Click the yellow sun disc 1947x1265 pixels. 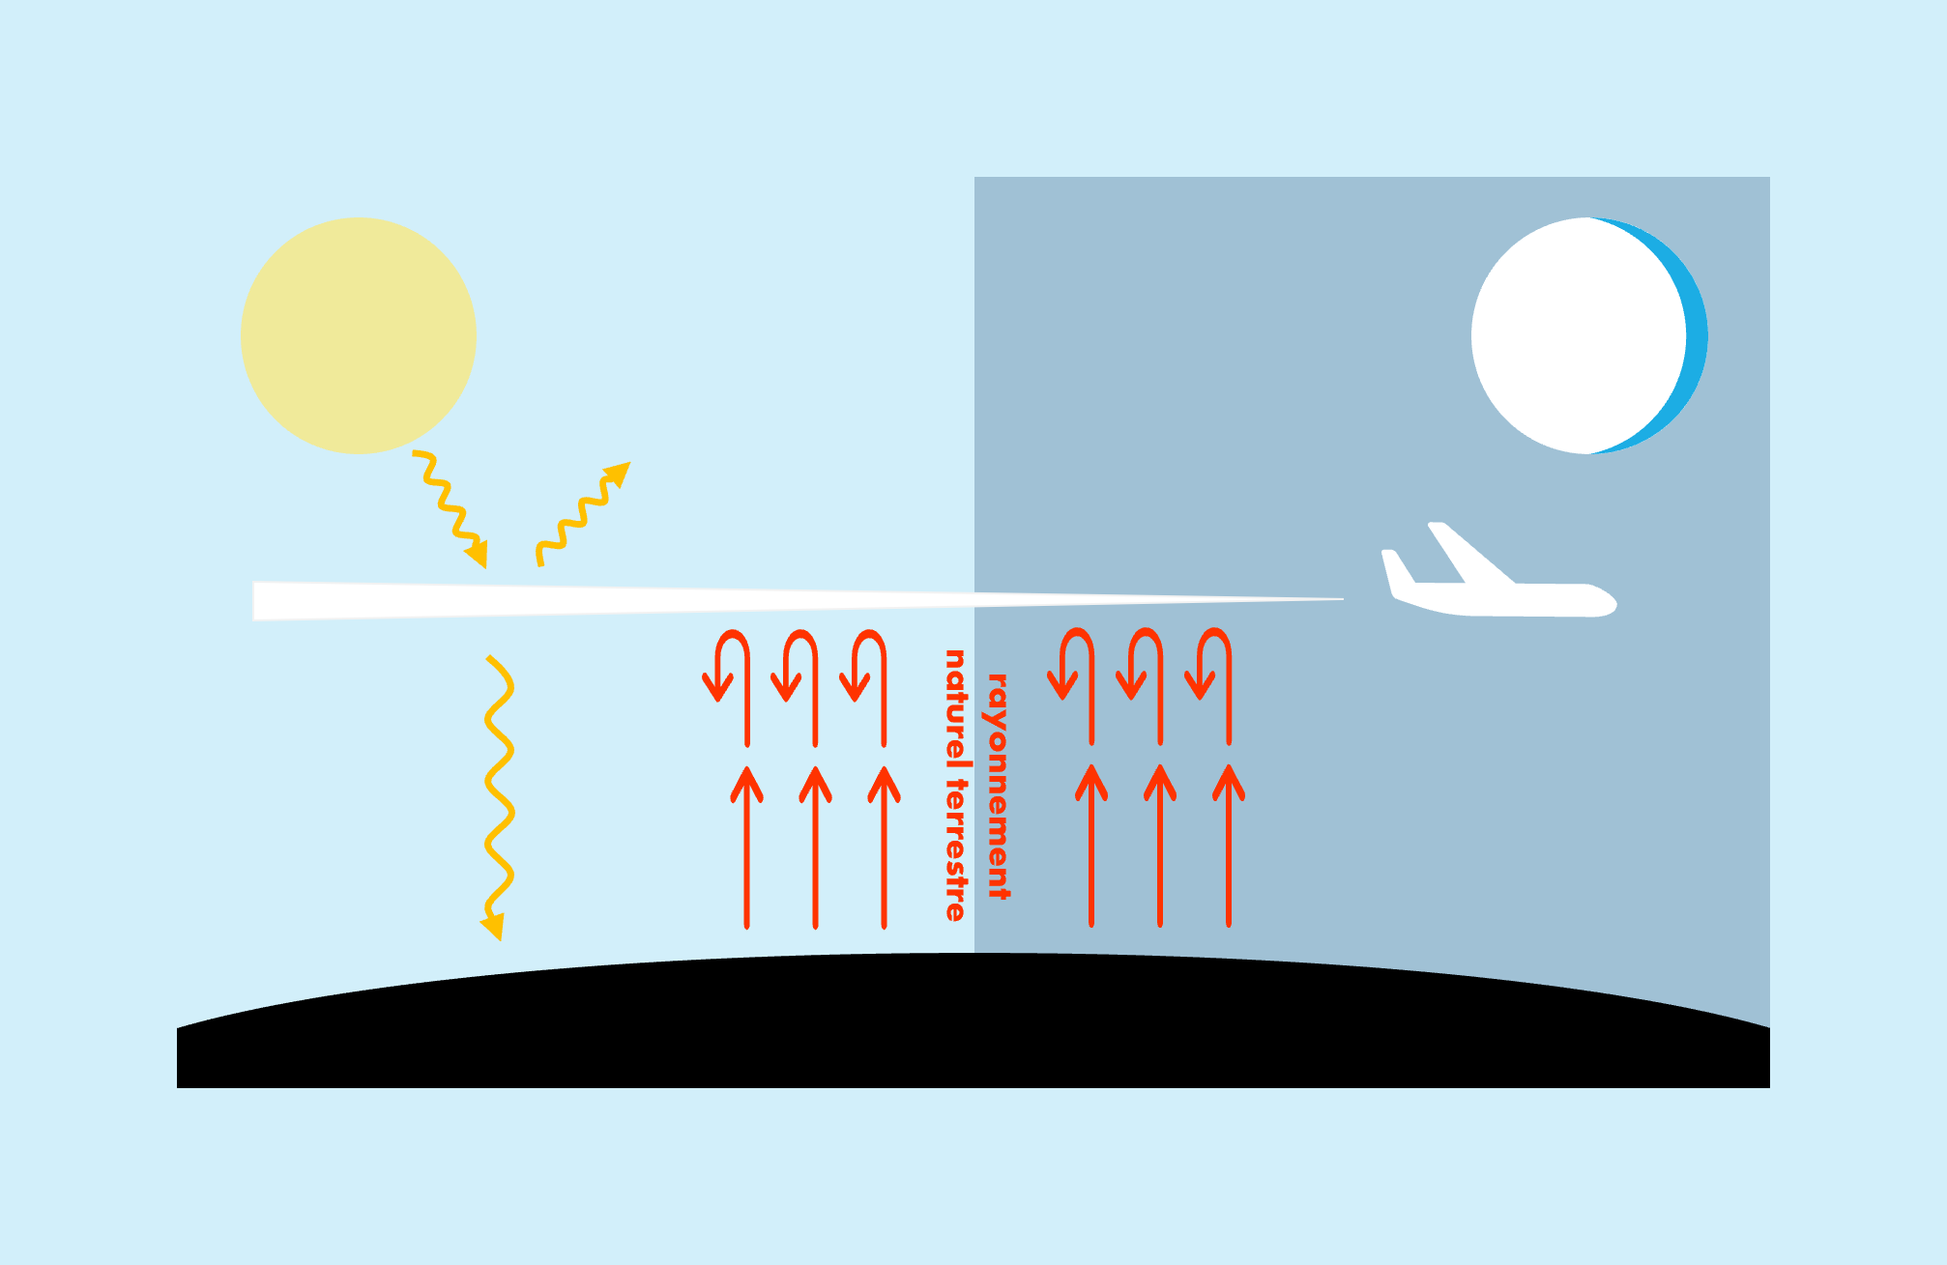point(359,335)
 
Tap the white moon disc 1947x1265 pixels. point(1579,335)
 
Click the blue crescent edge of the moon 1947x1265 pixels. point(1698,335)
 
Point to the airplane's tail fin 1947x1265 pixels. point(1396,570)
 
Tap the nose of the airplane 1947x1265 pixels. point(1613,602)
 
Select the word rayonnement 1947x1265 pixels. point(998,786)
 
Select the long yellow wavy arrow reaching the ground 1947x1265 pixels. point(499,798)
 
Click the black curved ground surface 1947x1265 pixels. point(973,1024)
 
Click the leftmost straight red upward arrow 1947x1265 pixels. point(746,848)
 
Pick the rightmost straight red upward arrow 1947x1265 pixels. point(1229,846)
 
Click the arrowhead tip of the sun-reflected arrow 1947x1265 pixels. point(631,462)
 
